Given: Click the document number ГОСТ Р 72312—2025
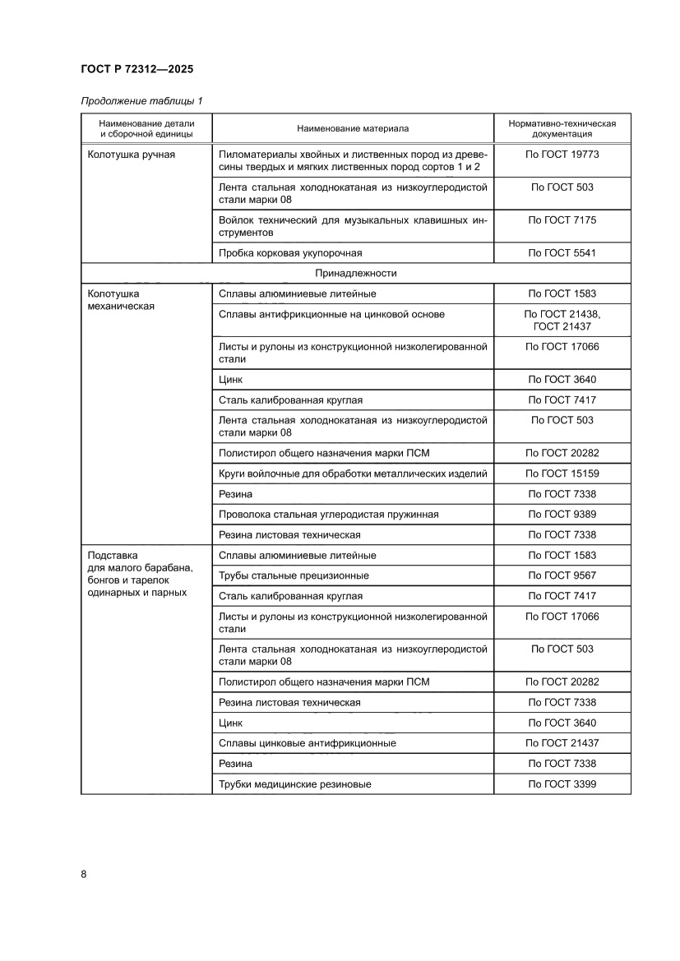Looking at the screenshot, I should [x=137, y=70].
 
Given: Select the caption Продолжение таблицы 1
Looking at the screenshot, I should [x=141, y=101].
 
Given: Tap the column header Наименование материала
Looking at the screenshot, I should [x=353, y=128].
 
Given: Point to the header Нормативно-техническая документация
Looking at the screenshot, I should [x=562, y=128].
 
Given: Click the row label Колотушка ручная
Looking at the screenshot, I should [x=131, y=155].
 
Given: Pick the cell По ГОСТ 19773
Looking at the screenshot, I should [x=562, y=155].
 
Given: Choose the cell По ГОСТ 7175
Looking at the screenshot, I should [x=562, y=220].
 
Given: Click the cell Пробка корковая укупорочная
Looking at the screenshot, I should [x=290, y=253].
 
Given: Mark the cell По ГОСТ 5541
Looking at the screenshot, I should [x=562, y=253].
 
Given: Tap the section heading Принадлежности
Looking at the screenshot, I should [x=355, y=273].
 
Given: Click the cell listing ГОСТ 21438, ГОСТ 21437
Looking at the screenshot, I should [x=562, y=320].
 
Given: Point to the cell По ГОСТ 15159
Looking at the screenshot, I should [x=562, y=474].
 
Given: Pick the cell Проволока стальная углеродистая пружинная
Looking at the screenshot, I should [x=328, y=515].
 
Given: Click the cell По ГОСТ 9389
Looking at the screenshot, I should [x=562, y=515].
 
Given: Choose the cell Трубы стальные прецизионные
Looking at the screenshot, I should [x=294, y=575].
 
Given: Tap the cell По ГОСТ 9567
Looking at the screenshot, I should [x=562, y=575].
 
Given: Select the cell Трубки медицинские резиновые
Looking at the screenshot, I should [x=295, y=784].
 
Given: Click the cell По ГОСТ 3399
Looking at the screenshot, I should [x=562, y=784].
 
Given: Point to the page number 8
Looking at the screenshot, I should [x=84, y=873].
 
